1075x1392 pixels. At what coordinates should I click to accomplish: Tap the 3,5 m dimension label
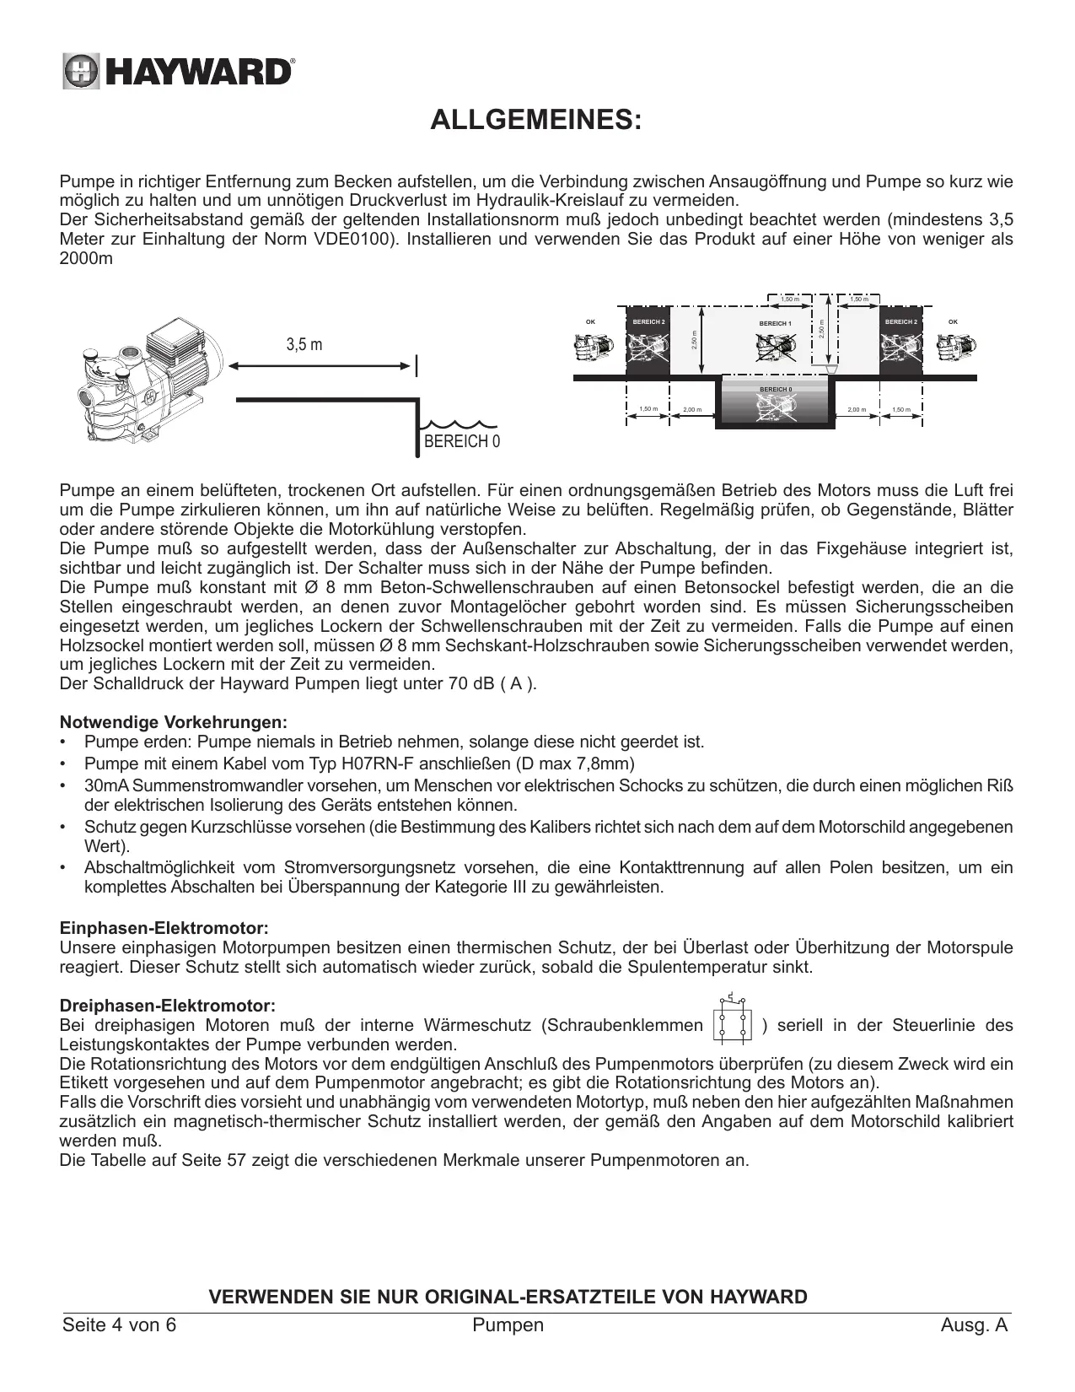304,344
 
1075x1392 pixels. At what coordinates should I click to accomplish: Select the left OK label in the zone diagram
590,321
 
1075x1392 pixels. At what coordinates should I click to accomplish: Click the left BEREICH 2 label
648,322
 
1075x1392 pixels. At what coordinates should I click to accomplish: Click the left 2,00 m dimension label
691,410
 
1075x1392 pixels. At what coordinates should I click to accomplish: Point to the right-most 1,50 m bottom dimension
901,409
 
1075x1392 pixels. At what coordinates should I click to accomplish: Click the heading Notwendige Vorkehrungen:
174,723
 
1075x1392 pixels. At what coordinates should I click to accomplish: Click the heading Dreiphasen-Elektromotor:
168,1006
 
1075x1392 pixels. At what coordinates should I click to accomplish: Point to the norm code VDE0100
348,240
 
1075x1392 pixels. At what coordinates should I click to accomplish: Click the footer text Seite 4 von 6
120,1325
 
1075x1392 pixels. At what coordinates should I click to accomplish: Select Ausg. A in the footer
974,1325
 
